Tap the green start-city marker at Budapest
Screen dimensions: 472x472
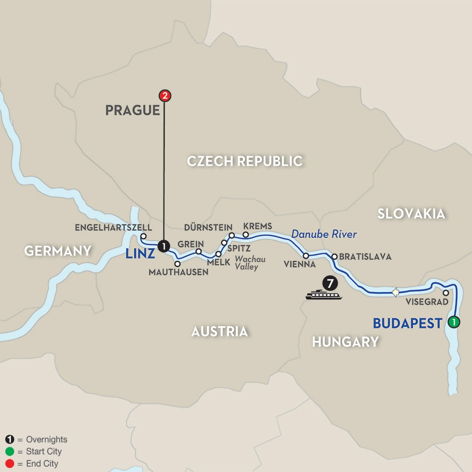click(454, 322)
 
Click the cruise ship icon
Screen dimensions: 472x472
click(324, 295)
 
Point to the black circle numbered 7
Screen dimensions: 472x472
click(329, 283)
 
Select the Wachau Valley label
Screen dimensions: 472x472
click(250, 263)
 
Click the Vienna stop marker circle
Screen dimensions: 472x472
click(306, 255)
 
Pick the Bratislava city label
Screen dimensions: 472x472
click(365, 257)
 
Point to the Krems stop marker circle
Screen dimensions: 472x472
click(245, 234)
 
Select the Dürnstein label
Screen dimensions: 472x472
click(208, 228)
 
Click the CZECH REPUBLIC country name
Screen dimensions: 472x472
click(245, 161)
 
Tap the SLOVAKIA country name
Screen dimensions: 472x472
click(411, 213)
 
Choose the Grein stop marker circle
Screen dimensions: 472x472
click(199, 252)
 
